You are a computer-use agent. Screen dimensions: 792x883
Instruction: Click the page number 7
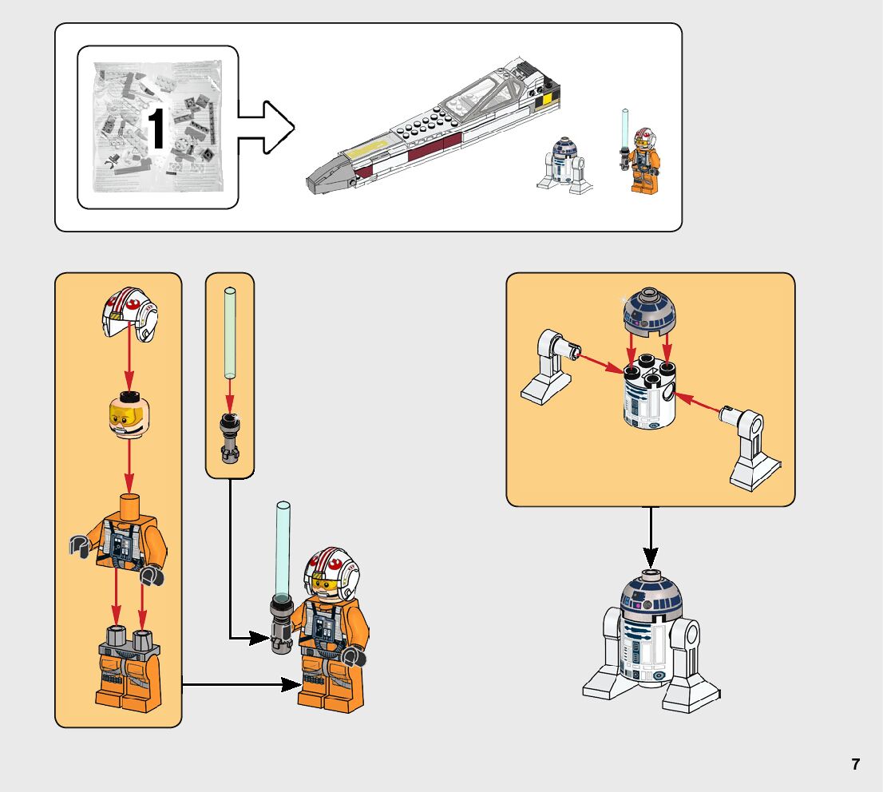[x=856, y=764]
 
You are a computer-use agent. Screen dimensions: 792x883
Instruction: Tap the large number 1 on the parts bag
[x=157, y=129]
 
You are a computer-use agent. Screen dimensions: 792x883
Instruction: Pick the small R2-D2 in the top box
[x=564, y=164]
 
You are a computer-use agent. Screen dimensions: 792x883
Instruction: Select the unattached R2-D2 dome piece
[x=649, y=314]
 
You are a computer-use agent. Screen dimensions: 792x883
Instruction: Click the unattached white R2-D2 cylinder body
[x=649, y=397]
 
